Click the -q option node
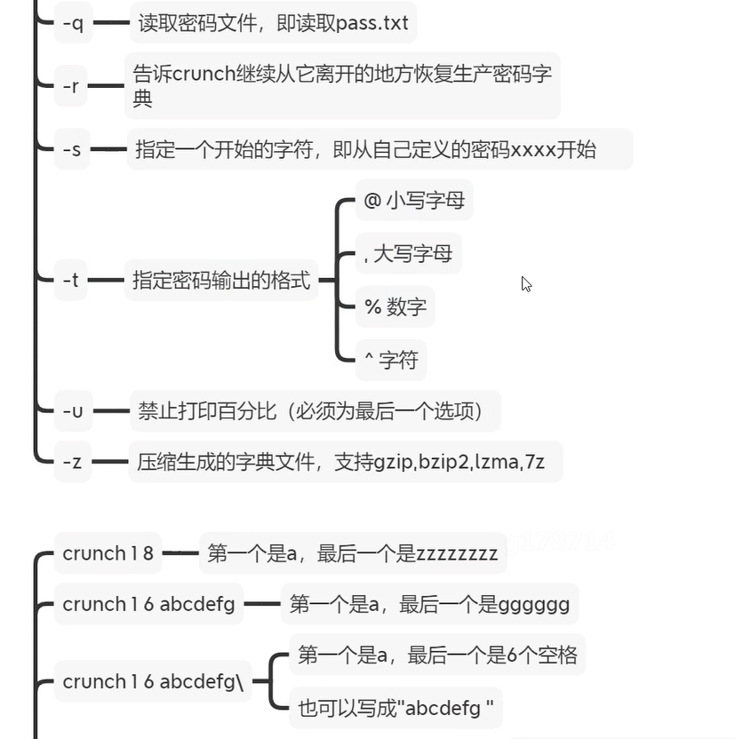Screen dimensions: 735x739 pos(73,23)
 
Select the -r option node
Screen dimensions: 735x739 pos(72,86)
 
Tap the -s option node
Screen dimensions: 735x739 pos(72,149)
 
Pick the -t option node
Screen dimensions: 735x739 pos(71,280)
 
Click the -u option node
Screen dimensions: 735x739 pos(73,411)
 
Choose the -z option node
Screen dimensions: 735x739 pos(73,461)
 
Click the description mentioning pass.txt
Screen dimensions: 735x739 pos(273,23)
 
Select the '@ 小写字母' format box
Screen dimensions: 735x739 pos(413,200)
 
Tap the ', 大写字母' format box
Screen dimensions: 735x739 pos(408,253)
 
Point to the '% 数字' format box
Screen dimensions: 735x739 pos(395,307)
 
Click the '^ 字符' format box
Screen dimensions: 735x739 pos(390,360)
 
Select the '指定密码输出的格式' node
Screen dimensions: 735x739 pos(221,281)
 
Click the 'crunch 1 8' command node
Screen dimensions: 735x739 pos(108,553)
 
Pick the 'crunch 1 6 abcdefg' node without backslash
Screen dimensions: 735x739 pos(148,604)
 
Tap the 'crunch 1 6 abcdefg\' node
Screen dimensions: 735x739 pos(152,681)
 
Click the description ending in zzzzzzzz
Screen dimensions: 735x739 pos(352,554)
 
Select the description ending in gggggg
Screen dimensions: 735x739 pos(429,605)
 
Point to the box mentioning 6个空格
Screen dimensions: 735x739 pos(437,656)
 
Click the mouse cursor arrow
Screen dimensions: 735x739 pos(526,284)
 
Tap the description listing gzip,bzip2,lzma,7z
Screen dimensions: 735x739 pos(345,462)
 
